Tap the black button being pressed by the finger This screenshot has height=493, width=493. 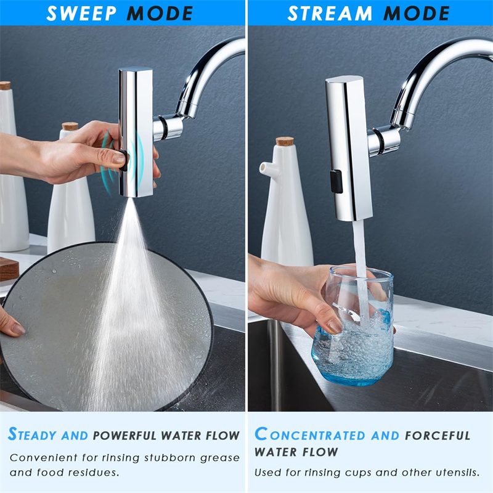click(x=124, y=160)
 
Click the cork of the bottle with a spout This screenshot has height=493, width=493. click(x=285, y=141)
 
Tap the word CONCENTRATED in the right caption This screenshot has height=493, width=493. click(x=311, y=435)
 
